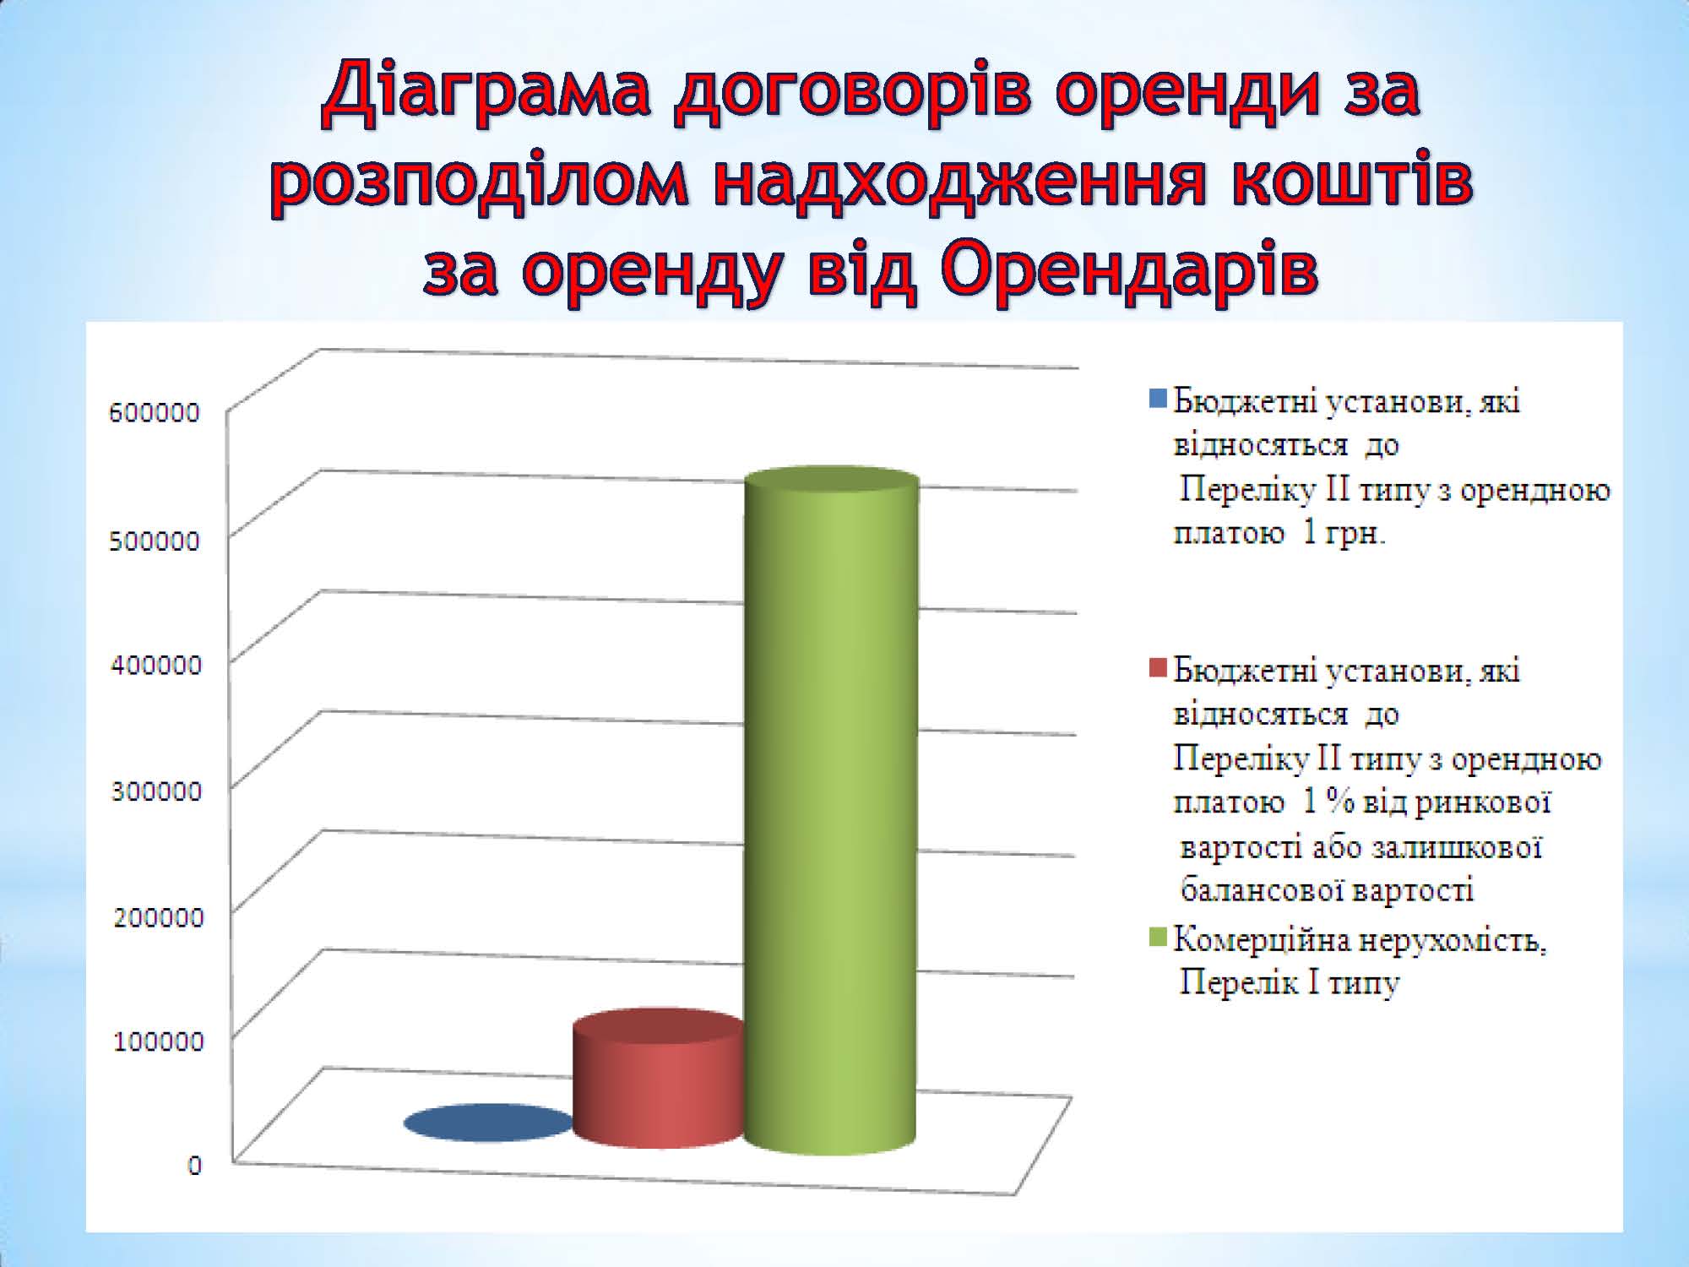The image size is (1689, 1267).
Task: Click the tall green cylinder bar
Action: point(831,811)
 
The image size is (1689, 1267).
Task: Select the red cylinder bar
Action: point(659,1079)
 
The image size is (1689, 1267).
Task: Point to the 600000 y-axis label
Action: point(155,412)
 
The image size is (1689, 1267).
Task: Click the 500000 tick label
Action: point(155,541)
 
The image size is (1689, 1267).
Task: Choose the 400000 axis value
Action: point(156,665)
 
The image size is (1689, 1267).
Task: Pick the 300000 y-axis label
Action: point(156,791)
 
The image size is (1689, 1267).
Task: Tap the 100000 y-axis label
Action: point(159,1041)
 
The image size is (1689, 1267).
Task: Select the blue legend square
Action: point(1158,397)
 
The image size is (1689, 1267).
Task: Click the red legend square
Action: point(1158,667)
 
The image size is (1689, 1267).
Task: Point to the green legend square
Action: point(1158,937)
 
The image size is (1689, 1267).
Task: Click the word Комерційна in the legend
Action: point(1253,939)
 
